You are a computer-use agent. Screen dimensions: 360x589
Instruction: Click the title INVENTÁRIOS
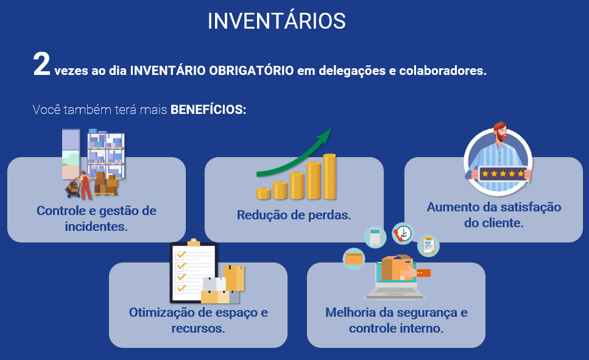coord(277,21)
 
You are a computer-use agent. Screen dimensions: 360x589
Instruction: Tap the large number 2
coord(41,65)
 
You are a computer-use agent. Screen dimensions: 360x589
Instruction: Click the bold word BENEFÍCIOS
coord(208,110)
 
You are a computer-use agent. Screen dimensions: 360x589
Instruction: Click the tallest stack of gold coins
coord(330,177)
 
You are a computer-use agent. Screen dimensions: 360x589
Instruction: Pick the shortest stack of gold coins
coord(263,194)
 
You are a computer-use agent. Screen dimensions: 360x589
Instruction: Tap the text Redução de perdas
coord(294,215)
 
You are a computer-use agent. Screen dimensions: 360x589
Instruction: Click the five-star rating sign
coord(503,174)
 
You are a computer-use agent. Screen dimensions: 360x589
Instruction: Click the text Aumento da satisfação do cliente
coord(493,215)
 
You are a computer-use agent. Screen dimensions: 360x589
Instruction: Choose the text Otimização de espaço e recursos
coord(198,320)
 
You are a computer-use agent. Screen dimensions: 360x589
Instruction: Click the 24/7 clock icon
coord(403,233)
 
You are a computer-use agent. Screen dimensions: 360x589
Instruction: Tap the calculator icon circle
coord(375,237)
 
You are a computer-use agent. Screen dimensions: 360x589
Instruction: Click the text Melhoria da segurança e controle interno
coord(396,320)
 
